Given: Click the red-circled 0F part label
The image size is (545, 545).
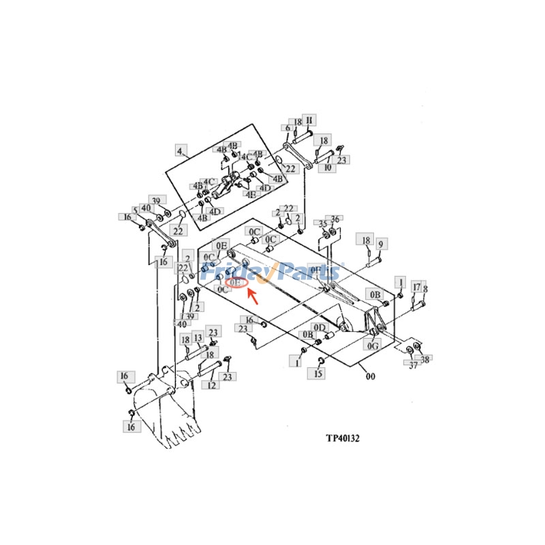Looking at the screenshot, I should (x=236, y=282).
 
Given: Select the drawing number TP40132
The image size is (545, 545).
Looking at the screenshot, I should (x=341, y=439).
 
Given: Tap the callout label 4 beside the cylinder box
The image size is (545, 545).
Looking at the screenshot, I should (x=181, y=151).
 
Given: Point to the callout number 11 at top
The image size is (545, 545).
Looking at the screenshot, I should (x=308, y=121).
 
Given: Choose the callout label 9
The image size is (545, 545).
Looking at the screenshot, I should (x=381, y=244).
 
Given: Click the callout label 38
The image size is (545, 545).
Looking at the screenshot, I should (x=426, y=359).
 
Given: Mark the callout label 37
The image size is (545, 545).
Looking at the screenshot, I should (x=412, y=366).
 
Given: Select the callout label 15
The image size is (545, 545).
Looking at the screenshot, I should (x=318, y=373).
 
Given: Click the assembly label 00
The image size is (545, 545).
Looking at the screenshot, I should (x=371, y=376).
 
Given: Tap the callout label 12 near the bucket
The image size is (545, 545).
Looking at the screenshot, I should (x=212, y=386).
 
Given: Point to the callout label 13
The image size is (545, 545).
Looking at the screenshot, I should (x=198, y=338).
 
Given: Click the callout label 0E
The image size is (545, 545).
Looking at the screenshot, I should (x=221, y=245).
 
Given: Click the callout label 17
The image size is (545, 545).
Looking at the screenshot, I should (x=418, y=287).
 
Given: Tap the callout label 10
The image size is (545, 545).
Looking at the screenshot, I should (x=328, y=167).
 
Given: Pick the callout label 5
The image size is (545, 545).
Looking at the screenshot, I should (x=136, y=210).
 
